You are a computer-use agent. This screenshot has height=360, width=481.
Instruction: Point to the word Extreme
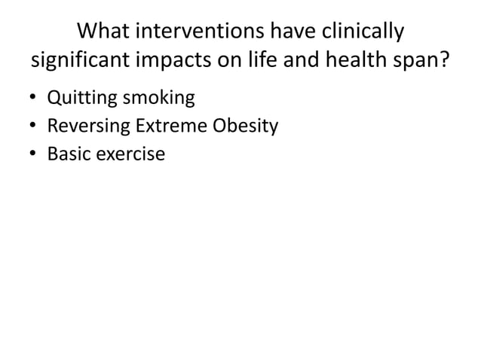[171, 126]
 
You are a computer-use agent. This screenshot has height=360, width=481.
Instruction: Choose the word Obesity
[246, 126]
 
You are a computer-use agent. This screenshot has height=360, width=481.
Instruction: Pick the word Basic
[68, 154]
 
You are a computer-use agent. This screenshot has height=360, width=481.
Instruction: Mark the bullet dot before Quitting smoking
[32, 99]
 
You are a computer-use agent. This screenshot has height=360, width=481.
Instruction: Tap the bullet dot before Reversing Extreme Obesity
[32, 127]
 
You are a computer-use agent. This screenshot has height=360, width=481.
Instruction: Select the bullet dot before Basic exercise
[32, 154]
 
